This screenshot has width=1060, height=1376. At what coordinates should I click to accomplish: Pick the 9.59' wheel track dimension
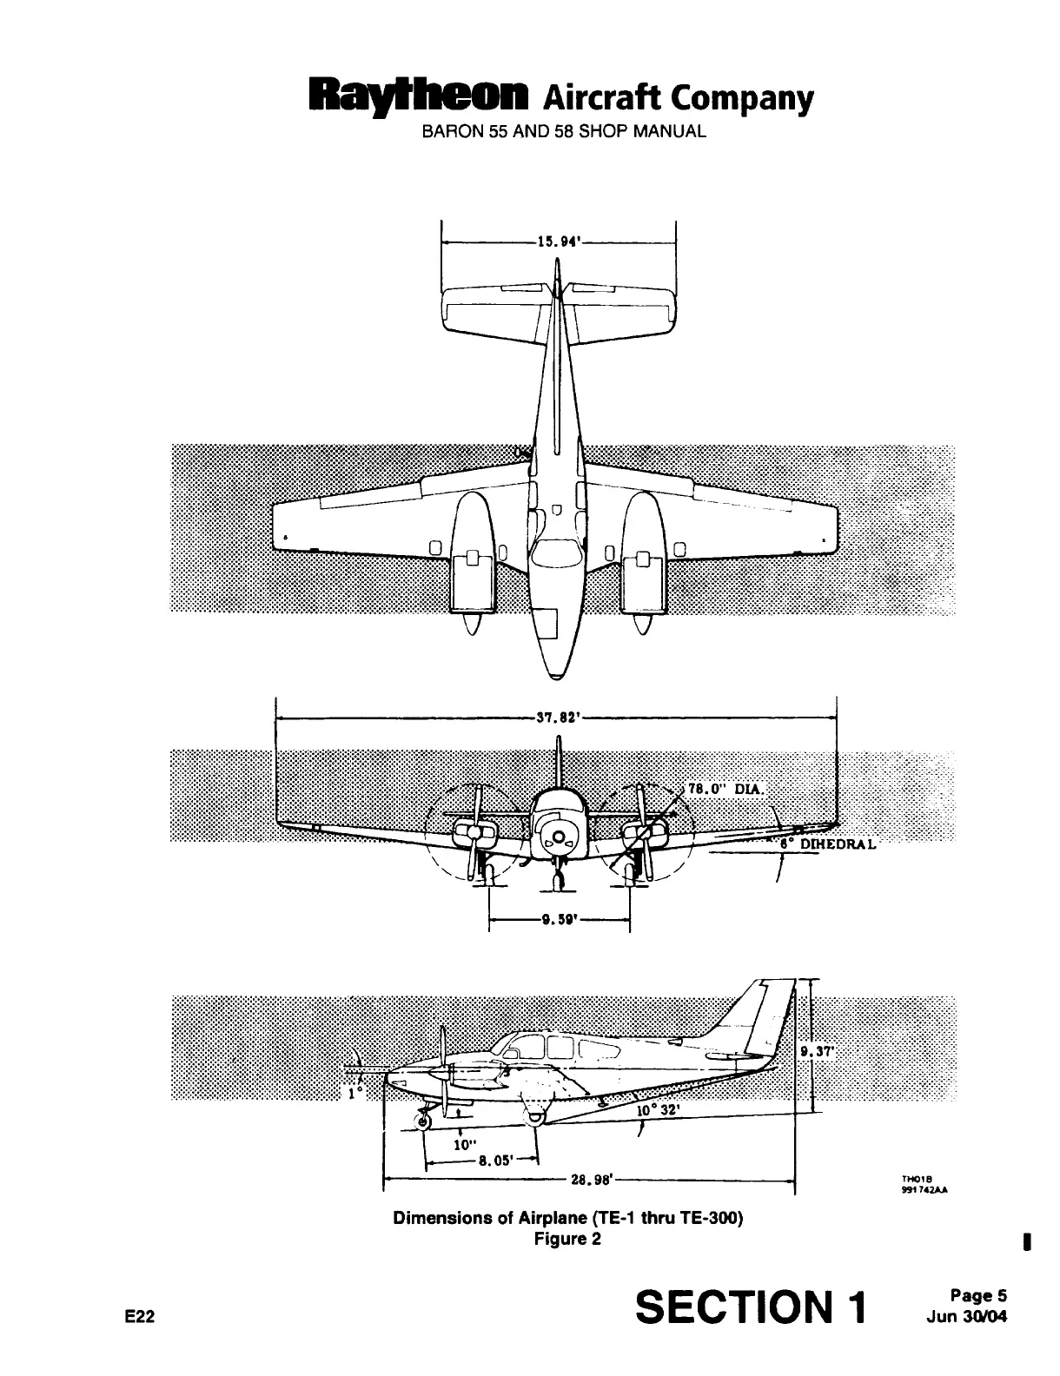click(555, 923)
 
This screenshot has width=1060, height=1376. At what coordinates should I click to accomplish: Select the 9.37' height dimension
click(816, 1050)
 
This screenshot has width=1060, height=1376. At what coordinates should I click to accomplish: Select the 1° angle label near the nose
click(352, 1094)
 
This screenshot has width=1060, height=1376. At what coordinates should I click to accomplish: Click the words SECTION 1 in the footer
click(752, 1307)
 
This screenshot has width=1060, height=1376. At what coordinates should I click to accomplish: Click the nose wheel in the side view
click(423, 1122)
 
